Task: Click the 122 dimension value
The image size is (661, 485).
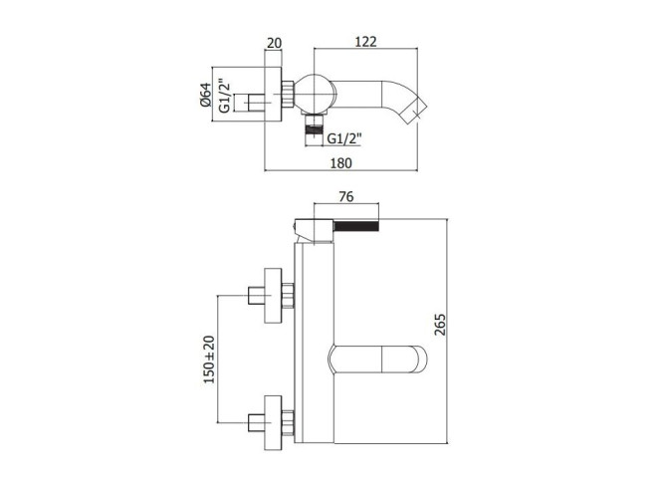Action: point(366,42)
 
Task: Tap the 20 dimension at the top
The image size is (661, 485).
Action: point(275,43)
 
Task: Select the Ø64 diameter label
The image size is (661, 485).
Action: point(205,95)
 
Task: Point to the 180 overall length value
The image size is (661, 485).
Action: point(340,162)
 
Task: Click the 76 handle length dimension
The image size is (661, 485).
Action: point(346,197)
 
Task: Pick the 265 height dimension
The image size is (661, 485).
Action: point(440,324)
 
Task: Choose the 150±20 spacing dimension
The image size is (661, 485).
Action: point(209,360)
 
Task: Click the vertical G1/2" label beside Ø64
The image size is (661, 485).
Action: point(225,96)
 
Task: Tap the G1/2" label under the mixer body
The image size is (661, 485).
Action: point(344,137)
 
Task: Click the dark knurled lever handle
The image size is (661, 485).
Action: point(356,226)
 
